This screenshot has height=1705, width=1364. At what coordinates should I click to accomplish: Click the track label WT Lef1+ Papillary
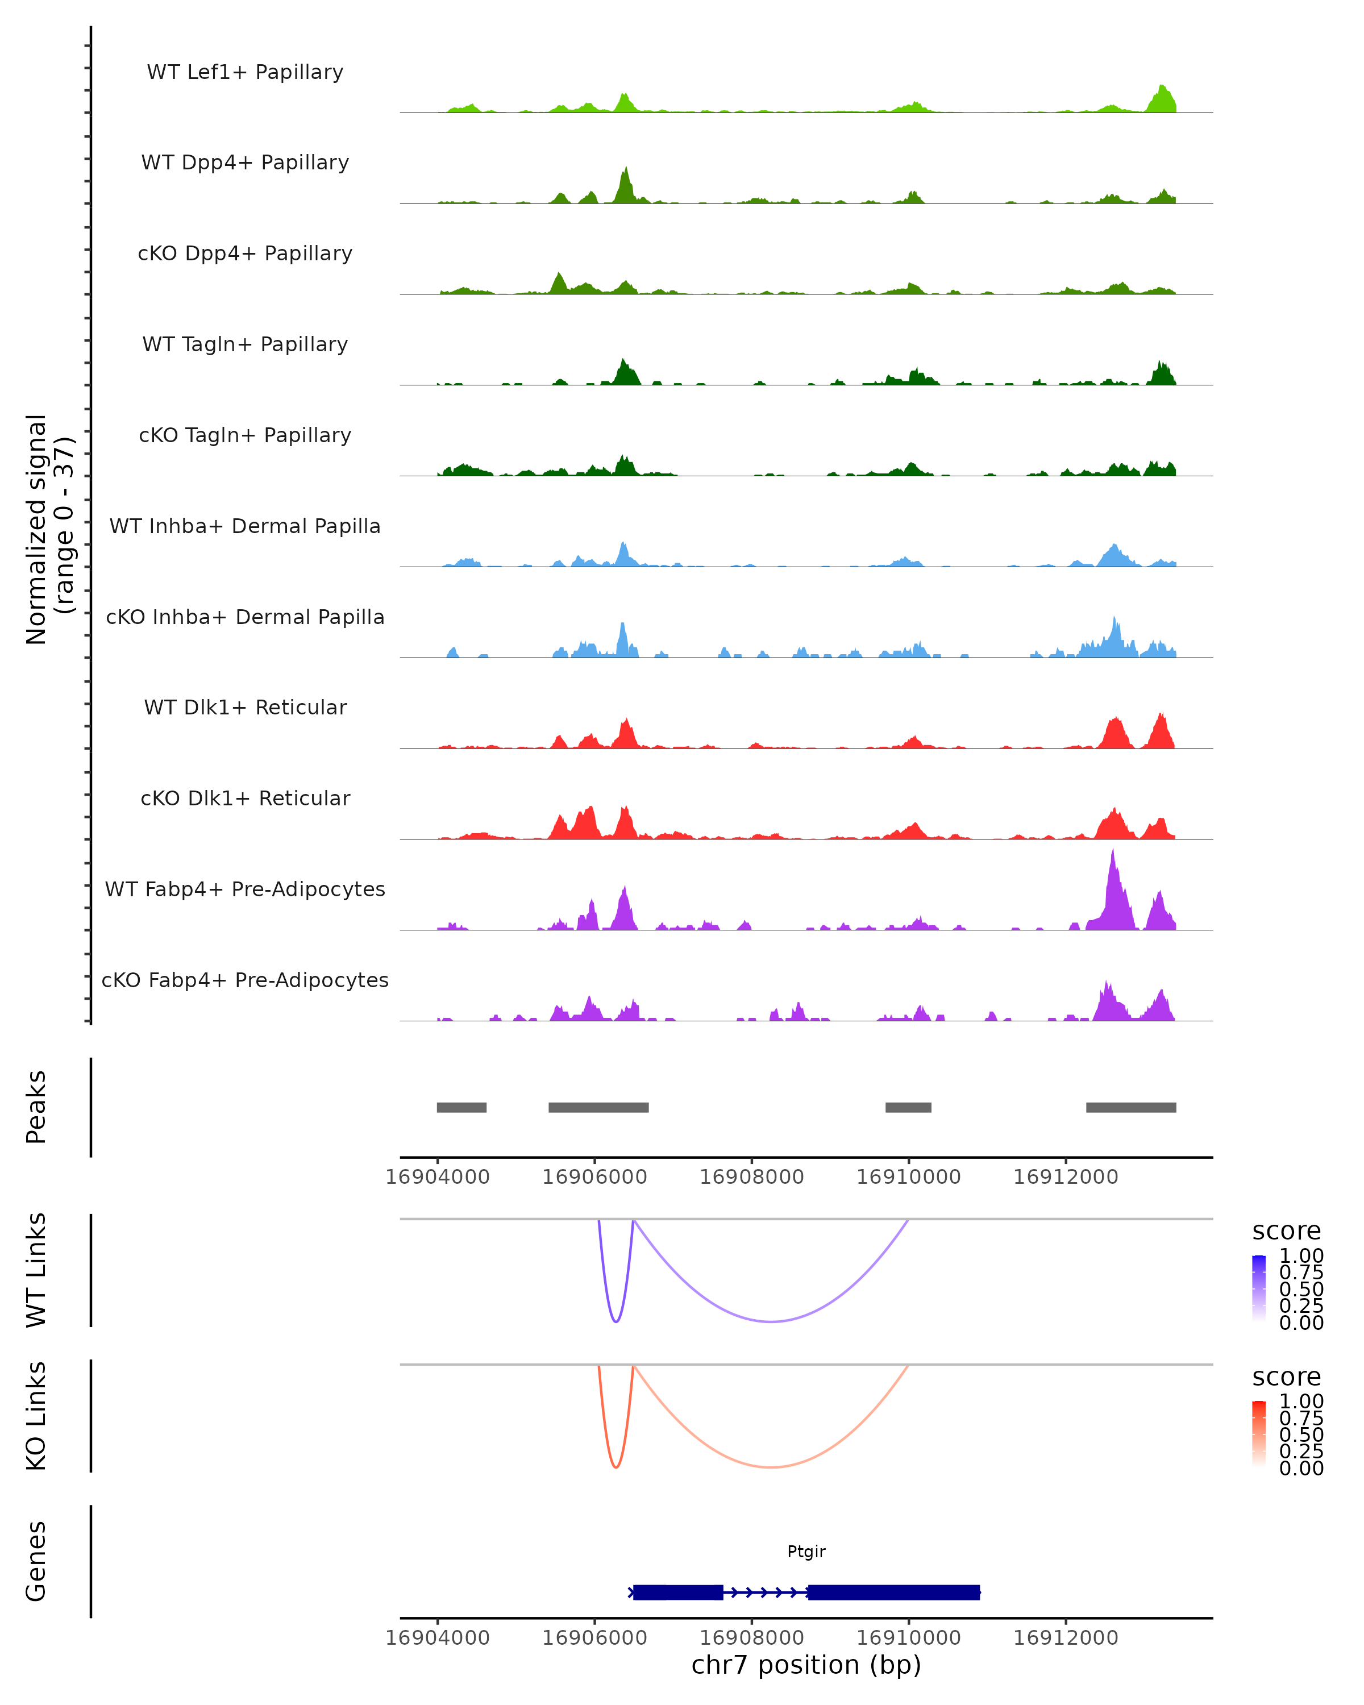245,72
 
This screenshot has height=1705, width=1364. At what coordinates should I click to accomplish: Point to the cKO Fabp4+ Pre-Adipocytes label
245,980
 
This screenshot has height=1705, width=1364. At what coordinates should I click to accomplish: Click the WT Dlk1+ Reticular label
245,707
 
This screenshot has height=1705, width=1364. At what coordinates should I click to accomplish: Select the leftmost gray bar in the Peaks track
462,1107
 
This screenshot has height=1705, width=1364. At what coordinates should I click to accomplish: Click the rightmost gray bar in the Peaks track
1131,1107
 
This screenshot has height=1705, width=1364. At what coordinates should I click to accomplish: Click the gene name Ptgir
806,1552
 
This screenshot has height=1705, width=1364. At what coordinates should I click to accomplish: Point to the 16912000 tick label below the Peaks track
1065,1177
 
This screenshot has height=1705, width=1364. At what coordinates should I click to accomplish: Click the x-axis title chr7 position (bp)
806,1665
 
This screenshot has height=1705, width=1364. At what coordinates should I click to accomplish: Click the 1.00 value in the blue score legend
1301,1256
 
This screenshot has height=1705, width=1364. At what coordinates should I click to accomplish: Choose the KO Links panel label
36,1416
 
